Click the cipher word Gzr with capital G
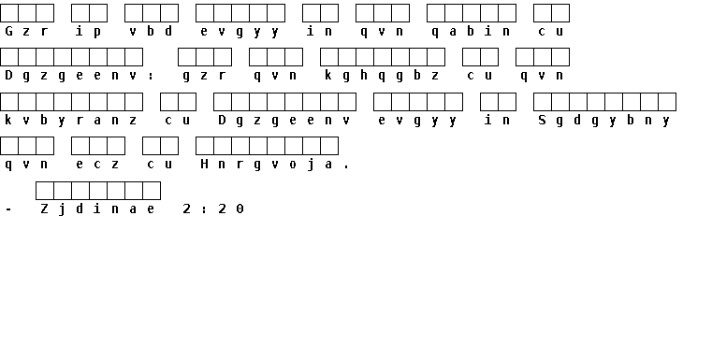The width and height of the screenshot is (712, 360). click(x=26, y=31)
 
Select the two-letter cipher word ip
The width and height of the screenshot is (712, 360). click(x=89, y=31)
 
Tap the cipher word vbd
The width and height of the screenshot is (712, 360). click(x=151, y=31)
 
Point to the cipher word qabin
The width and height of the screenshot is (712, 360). click(x=472, y=31)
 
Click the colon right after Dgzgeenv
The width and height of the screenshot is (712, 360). click(x=151, y=76)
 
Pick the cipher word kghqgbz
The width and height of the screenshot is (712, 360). click(x=382, y=76)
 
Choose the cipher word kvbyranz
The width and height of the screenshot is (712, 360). click(x=71, y=121)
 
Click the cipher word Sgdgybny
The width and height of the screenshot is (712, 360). click(x=603, y=121)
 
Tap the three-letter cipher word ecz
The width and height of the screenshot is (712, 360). click(x=97, y=165)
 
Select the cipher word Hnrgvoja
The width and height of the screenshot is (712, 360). click(x=267, y=165)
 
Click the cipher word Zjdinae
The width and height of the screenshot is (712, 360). click(x=97, y=209)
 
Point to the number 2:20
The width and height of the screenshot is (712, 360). click(x=213, y=209)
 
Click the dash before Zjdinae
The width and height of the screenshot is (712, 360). click(x=8, y=209)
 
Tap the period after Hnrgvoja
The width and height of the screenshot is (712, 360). click(x=346, y=167)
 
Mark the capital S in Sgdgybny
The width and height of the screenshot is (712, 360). click(x=542, y=120)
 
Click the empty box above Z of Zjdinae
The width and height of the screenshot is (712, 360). click(x=45, y=191)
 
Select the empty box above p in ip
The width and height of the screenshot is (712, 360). click(x=98, y=13)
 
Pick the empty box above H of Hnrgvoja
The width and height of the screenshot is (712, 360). click(x=205, y=146)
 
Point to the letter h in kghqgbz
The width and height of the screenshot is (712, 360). click(x=364, y=75)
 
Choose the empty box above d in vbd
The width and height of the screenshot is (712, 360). click(x=169, y=13)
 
